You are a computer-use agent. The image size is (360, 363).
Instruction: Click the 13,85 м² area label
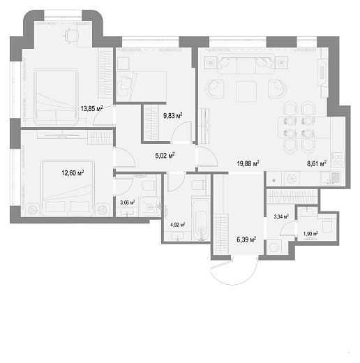(91, 108)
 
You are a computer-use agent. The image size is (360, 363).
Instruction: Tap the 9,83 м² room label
(172, 115)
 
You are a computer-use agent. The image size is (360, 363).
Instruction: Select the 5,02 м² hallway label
(165, 156)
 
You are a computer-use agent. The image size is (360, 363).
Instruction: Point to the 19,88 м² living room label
(248, 163)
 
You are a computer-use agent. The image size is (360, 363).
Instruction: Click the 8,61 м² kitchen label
(317, 163)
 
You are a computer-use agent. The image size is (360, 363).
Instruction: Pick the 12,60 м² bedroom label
(73, 173)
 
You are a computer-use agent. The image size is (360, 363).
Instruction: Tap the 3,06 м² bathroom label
(128, 202)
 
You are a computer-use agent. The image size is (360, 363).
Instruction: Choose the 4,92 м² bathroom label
(178, 225)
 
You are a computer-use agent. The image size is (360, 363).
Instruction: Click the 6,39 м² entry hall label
(246, 239)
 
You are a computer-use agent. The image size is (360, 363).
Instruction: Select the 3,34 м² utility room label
(281, 216)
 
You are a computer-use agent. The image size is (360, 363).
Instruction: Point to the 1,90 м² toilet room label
(310, 233)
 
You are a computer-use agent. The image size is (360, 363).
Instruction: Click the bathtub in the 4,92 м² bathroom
(201, 219)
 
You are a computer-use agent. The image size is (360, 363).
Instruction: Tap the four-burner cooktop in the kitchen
(338, 160)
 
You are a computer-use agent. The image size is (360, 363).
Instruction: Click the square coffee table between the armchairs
(246, 91)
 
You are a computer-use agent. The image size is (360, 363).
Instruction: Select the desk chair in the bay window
(70, 36)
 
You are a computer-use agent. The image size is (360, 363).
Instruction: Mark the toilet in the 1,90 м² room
(328, 225)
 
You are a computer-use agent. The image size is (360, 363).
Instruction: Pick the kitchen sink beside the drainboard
(324, 179)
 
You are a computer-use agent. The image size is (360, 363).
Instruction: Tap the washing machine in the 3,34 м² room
(274, 247)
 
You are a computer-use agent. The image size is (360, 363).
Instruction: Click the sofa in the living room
(246, 64)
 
